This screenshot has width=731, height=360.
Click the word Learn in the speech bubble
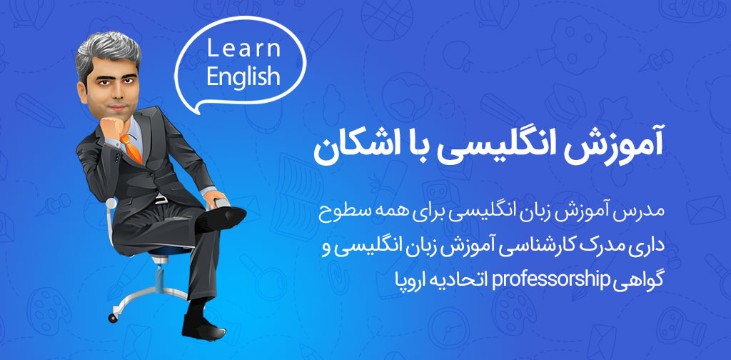click(x=243, y=49)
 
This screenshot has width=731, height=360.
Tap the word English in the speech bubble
click(x=243, y=76)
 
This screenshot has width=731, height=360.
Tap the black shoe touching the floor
click(x=203, y=327)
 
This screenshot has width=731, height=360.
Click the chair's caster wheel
click(x=113, y=318)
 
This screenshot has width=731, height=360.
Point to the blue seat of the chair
click(x=170, y=251)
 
